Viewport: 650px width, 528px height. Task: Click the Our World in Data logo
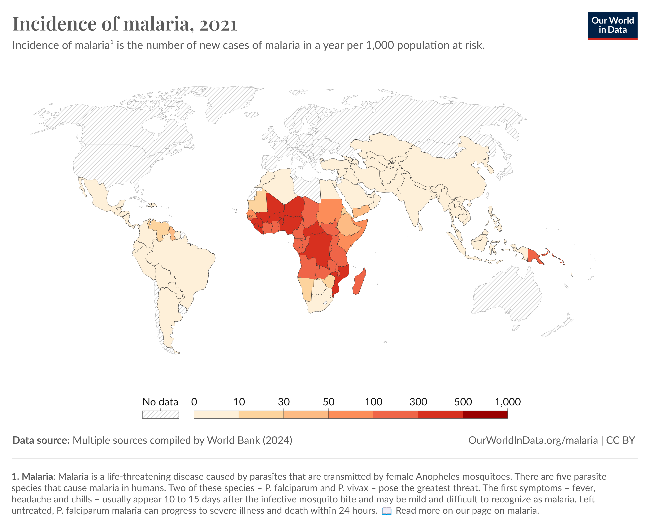tap(612, 26)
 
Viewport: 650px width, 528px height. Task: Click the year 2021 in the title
tap(218, 24)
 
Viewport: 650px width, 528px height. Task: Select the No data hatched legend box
tap(160, 415)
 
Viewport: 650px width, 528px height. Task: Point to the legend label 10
tap(239, 402)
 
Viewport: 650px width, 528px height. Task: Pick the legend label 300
tap(418, 402)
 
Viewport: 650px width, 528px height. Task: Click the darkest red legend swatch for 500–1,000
tap(485, 415)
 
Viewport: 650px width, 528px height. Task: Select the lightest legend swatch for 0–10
tap(216, 415)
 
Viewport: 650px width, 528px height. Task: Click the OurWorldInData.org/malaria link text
tap(533, 440)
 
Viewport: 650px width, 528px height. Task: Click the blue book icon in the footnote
tap(386, 511)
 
